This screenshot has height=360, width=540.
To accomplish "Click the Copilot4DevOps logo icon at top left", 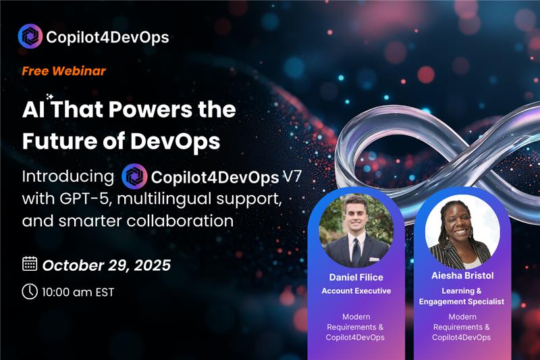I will coord(30,36).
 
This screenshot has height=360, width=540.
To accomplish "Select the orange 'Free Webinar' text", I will coord(63,70).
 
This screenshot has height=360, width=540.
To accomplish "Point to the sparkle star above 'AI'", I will coord(49,97).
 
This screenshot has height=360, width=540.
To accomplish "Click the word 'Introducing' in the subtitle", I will coord(67,177).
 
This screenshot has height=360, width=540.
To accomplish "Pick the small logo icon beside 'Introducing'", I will coord(134,177).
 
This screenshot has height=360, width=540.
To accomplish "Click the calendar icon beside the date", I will coord(30,263).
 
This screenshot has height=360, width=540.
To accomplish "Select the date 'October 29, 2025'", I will coord(107,264).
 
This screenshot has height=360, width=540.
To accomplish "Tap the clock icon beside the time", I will coord(30,291).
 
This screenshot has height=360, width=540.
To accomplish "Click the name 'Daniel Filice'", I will coord(356,278).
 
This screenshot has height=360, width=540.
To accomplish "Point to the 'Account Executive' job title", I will coord(356,291).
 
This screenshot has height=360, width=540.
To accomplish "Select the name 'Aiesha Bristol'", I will coord(463,276).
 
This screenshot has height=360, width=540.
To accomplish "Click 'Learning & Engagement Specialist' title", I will coord(463,296).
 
